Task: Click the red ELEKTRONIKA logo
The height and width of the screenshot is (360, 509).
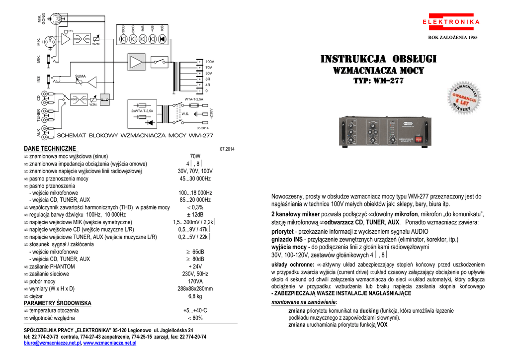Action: pos(451,22)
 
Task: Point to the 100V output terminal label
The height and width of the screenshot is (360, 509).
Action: pos(210,61)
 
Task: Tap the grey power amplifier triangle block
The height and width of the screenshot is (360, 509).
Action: pos(136,62)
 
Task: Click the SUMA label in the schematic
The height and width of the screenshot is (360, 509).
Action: pos(81,76)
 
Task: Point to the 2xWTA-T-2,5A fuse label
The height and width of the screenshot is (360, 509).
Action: pos(142,111)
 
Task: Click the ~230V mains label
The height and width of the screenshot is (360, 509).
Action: pos(211,114)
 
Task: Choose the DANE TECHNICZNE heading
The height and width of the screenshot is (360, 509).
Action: pos(50,148)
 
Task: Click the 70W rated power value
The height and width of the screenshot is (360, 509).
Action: pos(195,156)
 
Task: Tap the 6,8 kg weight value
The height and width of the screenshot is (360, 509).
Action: pos(195,296)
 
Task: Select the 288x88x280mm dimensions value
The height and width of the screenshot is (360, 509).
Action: pos(195,288)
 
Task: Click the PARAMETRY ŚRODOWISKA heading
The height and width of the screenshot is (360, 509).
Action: pos(58,303)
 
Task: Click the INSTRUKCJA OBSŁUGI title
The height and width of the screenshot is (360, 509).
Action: pos(378,60)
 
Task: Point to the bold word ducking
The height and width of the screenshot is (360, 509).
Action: pos(369,310)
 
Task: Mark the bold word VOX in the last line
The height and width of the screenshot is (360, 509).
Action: pos(382,325)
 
